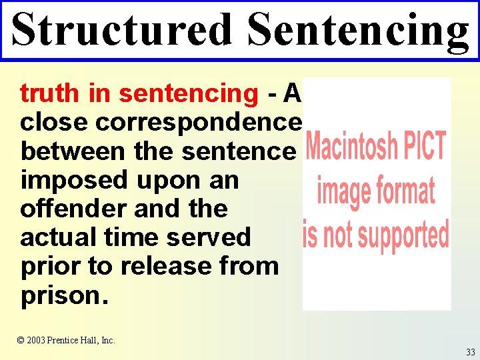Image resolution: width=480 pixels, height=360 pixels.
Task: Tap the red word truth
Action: click(x=51, y=93)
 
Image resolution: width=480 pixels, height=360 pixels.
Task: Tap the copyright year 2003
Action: click(x=37, y=340)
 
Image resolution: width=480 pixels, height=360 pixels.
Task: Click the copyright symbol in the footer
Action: click(x=21, y=340)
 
